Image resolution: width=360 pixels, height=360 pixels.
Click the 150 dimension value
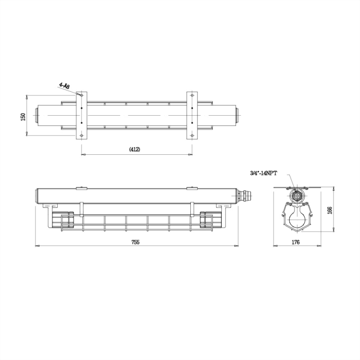pos(23,116)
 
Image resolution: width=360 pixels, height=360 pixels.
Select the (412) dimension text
pos(135,149)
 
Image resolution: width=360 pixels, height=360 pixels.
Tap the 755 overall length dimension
pos(135,242)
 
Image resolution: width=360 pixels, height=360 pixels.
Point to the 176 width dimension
pos(296,242)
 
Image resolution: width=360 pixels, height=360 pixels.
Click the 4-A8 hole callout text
pos(64,85)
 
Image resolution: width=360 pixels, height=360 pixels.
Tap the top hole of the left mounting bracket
pos(81,95)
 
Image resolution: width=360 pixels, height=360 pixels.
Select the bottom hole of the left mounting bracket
pos(81,135)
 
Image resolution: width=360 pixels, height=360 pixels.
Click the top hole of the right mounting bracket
pos(192,95)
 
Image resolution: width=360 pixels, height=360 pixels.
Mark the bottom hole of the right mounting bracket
pos(192,135)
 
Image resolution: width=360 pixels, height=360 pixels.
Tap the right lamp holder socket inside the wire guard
pos(207,220)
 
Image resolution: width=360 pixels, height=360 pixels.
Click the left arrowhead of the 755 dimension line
pos(37,246)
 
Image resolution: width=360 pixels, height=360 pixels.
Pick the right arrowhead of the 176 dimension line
pos(319,246)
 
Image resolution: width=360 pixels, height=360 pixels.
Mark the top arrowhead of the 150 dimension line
pos(27,96)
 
